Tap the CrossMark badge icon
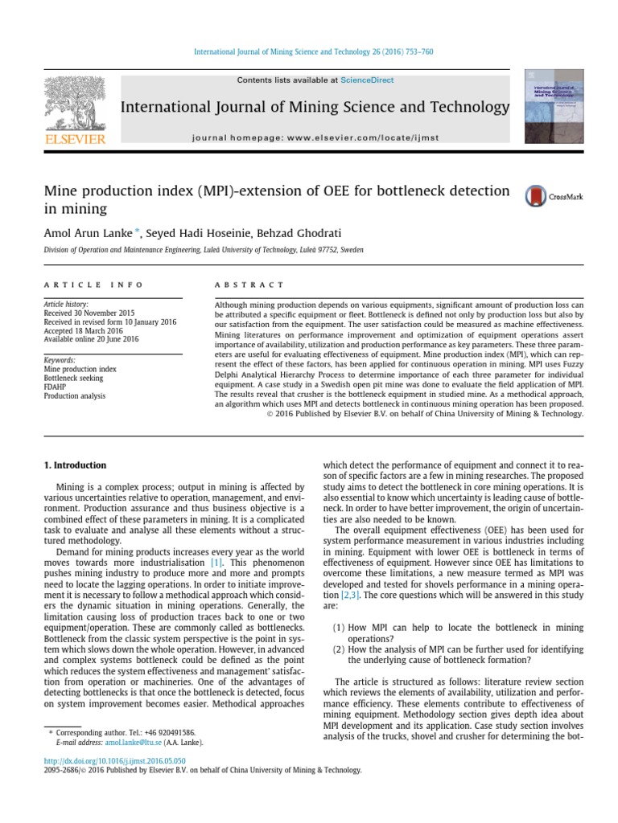pos(535,196)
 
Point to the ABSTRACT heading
pos(249,285)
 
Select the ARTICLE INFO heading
pos(93,285)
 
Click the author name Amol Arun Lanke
pos(88,233)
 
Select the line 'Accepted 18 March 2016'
pos(82,330)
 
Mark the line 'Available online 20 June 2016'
pos(91,339)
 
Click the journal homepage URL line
pos(316,137)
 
